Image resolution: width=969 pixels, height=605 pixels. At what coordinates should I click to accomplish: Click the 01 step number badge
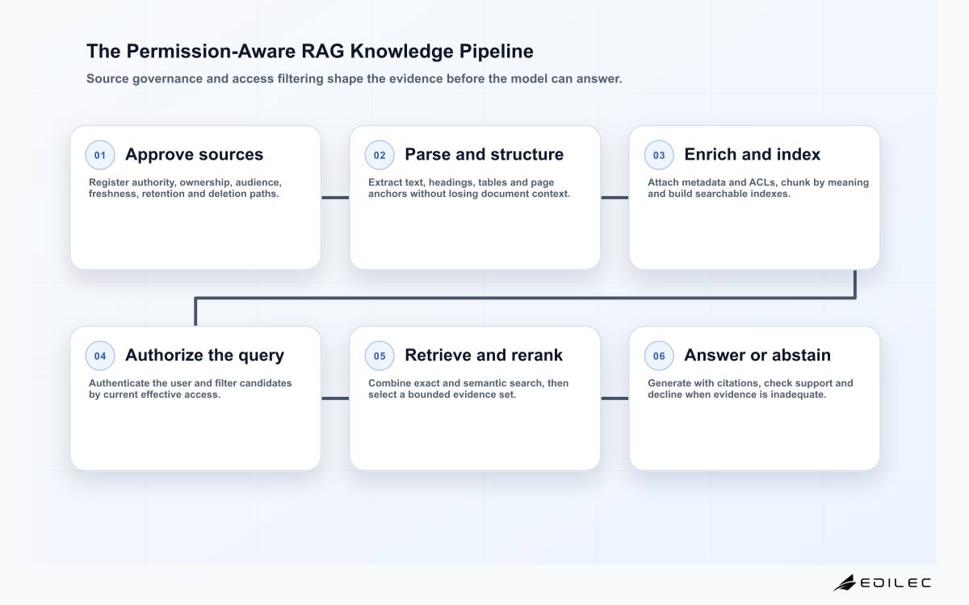(x=100, y=155)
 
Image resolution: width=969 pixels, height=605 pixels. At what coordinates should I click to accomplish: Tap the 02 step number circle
(x=380, y=155)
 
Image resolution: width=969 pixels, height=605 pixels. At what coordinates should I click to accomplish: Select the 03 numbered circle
(x=659, y=155)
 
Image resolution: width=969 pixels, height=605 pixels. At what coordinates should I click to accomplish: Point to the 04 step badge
(x=100, y=356)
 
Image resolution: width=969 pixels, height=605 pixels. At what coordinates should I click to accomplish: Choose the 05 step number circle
(x=380, y=356)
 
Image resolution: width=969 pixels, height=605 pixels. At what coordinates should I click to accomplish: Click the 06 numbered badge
(x=659, y=356)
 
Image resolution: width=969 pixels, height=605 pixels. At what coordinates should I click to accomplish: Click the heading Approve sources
(x=195, y=154)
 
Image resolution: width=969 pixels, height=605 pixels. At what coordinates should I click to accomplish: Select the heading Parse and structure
(x=484, y=154)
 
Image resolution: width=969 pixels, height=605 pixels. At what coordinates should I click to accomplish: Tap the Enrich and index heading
(x=753, y=154)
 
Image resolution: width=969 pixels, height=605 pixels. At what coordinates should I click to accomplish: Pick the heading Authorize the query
(x=204, y=355)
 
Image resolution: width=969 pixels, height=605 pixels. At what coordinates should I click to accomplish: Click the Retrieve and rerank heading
(x=484, y=355)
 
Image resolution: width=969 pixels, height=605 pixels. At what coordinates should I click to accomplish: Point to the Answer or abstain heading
(x=757, y=355)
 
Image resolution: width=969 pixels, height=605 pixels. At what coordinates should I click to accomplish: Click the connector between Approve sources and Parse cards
(x=335, y=198)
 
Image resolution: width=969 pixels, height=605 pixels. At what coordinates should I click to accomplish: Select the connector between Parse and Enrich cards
(x=615, y=198)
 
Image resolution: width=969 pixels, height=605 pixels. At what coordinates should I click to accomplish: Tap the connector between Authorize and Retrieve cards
(x=335, y=398)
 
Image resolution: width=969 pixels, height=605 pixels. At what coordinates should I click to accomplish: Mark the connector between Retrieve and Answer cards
(x=615, y=398)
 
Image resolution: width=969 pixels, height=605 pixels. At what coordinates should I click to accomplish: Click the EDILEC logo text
(x=896, y=583)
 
